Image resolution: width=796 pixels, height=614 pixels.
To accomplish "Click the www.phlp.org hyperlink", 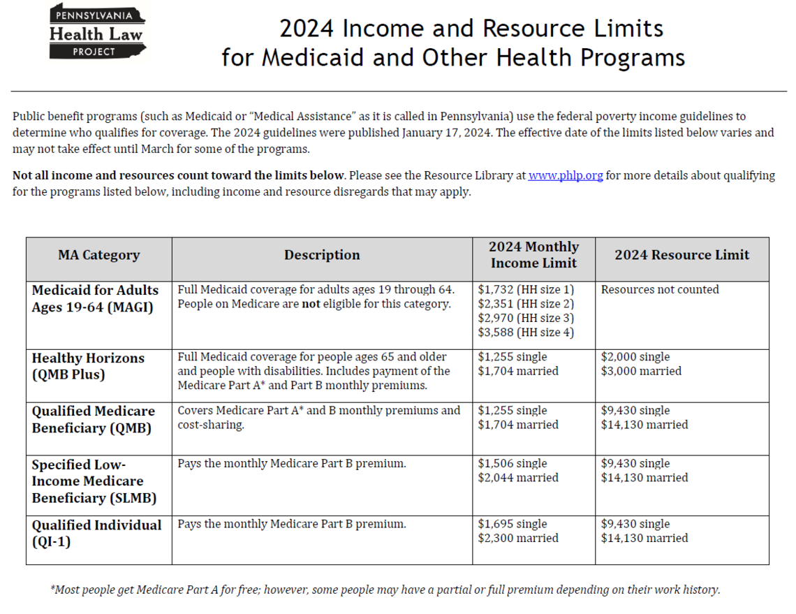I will point(565,176).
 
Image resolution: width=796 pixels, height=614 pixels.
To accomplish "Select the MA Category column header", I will point(98,256).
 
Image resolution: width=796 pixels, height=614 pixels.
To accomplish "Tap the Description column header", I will point(322,256).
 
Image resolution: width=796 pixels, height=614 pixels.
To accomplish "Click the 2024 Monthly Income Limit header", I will point(533,255).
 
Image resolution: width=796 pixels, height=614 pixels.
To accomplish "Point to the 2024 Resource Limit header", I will point(681,256).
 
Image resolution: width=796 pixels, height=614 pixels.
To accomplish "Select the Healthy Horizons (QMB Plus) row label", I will point(88,367).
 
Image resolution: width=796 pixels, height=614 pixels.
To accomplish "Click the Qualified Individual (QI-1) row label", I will point(96,533).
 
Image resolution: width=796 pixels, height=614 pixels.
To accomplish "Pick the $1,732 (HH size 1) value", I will point(526,290).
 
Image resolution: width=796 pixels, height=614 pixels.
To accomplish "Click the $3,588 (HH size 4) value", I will point(526,332).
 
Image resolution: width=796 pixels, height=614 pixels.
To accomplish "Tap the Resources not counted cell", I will point(660,290).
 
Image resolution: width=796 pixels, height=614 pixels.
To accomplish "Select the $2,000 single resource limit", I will point(635,358).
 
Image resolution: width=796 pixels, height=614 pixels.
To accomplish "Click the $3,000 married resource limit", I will point(641,372).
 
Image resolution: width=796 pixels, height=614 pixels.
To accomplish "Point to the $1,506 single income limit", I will point(513,464).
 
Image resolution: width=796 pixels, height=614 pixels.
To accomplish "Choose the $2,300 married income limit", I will point(518,539).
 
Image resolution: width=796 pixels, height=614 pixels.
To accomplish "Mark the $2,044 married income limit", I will point(518,478).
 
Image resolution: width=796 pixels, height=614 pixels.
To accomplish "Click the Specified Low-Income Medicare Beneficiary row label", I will point(94,481).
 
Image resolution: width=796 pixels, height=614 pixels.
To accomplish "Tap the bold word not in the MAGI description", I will point(310,304).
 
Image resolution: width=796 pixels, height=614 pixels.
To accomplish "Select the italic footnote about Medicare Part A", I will point(385,590).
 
